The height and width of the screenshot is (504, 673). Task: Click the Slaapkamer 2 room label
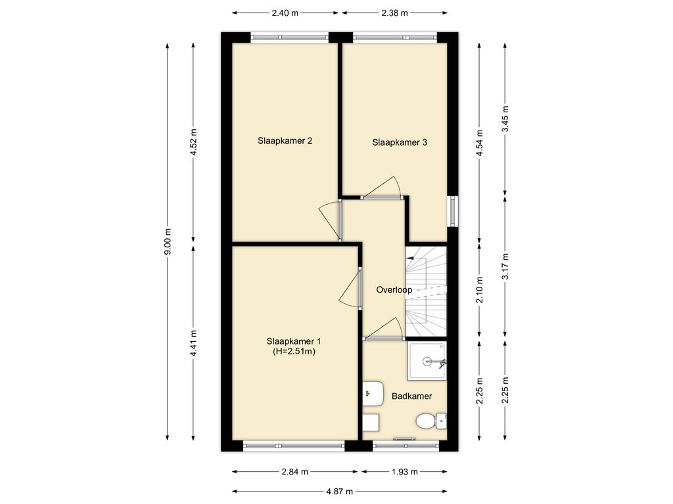(x=285, y=141)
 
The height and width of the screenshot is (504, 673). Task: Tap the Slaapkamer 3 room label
(x=399, y=142)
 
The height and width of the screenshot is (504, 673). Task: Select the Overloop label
(x=394, y=290)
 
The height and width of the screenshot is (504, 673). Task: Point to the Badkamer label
(x=411, y=396)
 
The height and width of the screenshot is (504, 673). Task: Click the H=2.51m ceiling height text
(x=294, y=352)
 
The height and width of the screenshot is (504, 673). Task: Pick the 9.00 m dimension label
(x=168, y=241)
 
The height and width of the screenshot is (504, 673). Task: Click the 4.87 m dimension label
(x=339, y=492)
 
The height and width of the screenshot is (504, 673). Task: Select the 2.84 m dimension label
(x=295, y=472)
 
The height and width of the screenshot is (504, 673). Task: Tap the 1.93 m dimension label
(x=404, y=472)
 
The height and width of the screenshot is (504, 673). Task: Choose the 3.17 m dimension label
(x=505, y=266)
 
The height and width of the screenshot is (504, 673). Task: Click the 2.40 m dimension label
(x=285, y=13)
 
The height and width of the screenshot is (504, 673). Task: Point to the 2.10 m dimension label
(x=480, y=290)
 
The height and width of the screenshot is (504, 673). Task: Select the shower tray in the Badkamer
(x=427, y=361)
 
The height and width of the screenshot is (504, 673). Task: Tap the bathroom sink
(x=373, y=393)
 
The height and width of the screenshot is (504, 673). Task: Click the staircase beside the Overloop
(x=426, y=291)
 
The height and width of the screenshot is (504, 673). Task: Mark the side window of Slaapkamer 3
(x=453, y=211)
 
